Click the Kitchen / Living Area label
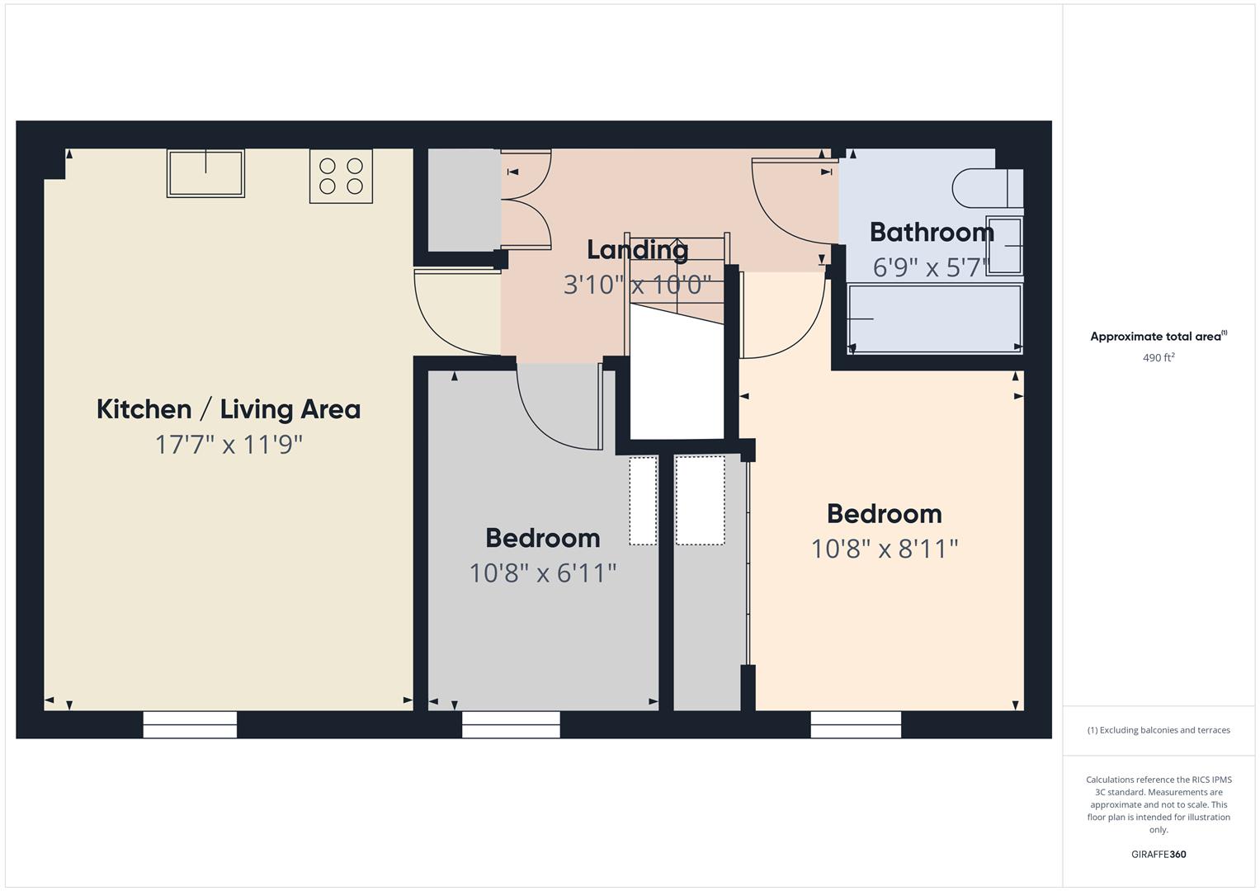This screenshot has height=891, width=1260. pos(229,409)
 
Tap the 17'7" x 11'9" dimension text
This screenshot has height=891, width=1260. pos(229,445)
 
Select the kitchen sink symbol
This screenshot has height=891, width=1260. pos(205,172)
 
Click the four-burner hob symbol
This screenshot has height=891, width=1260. pos(341,176)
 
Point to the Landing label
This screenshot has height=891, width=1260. pos(637,249)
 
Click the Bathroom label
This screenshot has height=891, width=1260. pos(932,233)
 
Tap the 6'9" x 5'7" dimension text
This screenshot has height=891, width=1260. pos(930,267)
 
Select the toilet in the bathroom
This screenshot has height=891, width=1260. pos(987,188)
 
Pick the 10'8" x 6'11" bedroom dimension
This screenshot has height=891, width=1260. pos(543,573)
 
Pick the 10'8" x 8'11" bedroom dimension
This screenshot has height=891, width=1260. pos(885,549)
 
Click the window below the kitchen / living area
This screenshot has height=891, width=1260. pos(190,724)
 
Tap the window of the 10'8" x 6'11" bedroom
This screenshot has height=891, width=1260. pos(511,724)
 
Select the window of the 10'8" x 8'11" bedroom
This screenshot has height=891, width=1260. pos(856,724)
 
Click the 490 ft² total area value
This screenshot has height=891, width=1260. pos(1159,358)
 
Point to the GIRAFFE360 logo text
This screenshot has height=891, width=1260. pos(1159,854)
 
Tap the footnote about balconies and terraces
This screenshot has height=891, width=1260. pos(1159,730)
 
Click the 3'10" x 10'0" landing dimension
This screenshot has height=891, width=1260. pos(637,285)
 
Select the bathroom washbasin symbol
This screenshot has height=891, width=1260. pos(1005,246)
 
